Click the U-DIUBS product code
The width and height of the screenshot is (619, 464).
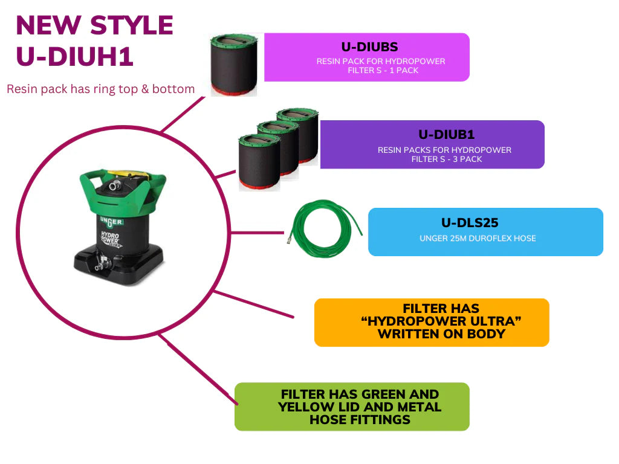[x=369, y=47]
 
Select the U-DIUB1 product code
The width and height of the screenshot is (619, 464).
[x=446, y=135]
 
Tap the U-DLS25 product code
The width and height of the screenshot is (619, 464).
[x=470, y=223]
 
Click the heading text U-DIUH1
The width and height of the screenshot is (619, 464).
[x=74, y=56]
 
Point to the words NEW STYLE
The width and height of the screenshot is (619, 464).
[x=94, y=25]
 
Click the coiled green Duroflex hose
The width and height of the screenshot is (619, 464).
[x=325, y=228]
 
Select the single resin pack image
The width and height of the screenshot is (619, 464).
[x=234, y=65]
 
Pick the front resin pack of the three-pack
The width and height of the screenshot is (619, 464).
[x=259, y=162]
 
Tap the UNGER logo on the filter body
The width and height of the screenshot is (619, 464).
[x=111, y=222]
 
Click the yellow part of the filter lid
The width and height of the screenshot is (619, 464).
[x=126, y=174]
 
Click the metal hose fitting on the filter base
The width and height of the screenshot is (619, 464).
[x=101, y=264]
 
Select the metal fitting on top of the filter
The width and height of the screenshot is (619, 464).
[x=115, y=185]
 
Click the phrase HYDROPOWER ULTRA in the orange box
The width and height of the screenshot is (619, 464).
[x=441, y=321]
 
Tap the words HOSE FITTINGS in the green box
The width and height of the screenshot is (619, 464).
[x=360, y=420]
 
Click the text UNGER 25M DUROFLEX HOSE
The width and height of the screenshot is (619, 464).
[x=478, y=238]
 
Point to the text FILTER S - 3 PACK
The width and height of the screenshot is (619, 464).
[x=447, y=159]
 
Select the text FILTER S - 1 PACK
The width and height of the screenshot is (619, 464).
[x=383, y=70]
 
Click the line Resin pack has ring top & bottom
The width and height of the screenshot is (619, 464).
[x=101, y=89]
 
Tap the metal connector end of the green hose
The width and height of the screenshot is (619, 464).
[x=290, y=238]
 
